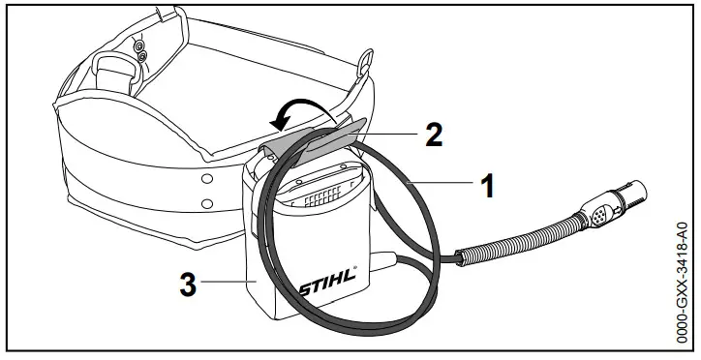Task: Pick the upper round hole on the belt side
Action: [x=206, y=179]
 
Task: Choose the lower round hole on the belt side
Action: [x=206, y=203]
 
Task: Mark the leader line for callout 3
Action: [x=229, y=282]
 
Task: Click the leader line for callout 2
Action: [x=387, y=134]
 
